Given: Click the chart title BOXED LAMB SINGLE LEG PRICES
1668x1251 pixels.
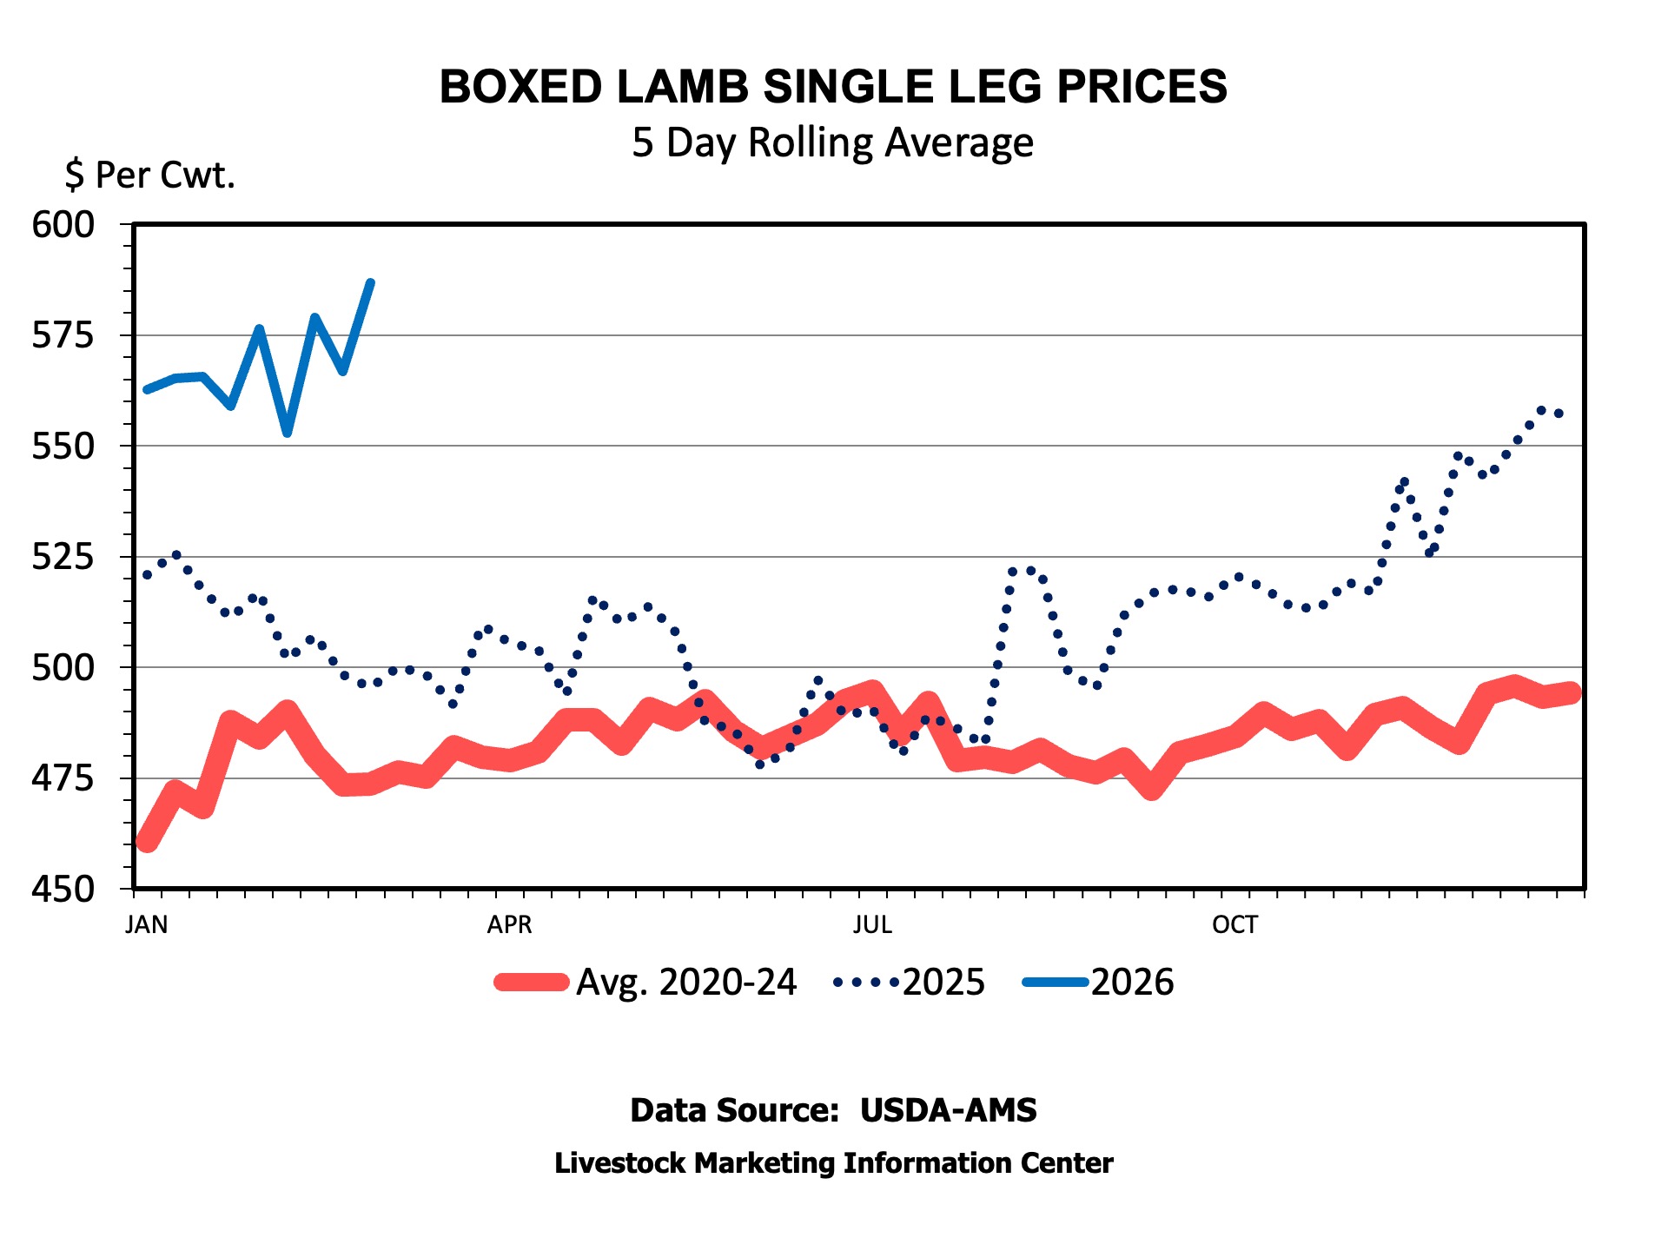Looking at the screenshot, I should pos(833,87).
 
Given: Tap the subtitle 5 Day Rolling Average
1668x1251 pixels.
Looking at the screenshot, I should pos(832,142).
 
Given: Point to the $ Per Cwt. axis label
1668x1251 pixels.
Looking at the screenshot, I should pos(149,175).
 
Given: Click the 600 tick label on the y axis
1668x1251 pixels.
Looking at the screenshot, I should pos(63,225).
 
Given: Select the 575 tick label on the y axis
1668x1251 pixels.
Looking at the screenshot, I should pos(63,335).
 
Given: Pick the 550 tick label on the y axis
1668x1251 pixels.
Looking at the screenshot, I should pos(63,447).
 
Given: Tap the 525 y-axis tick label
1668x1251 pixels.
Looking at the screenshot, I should pos(63,557).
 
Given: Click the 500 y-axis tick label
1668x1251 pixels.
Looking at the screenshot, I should pos(63,668).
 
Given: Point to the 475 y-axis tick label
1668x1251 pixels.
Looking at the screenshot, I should pos(63,778).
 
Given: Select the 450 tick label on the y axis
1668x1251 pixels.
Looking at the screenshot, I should pos(63,890).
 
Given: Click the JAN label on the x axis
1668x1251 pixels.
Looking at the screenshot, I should pos(147,924).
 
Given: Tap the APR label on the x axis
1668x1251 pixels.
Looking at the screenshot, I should pos(509,924).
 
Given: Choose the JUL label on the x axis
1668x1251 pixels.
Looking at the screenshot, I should pos(872,924).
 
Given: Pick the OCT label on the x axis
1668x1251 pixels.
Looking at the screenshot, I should pos(1234,924).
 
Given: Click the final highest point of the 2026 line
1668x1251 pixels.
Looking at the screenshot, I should pos(371,282).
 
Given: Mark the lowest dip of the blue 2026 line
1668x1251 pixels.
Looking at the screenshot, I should pos(288,433).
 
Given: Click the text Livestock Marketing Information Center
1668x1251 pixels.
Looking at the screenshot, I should pos(833,1163).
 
